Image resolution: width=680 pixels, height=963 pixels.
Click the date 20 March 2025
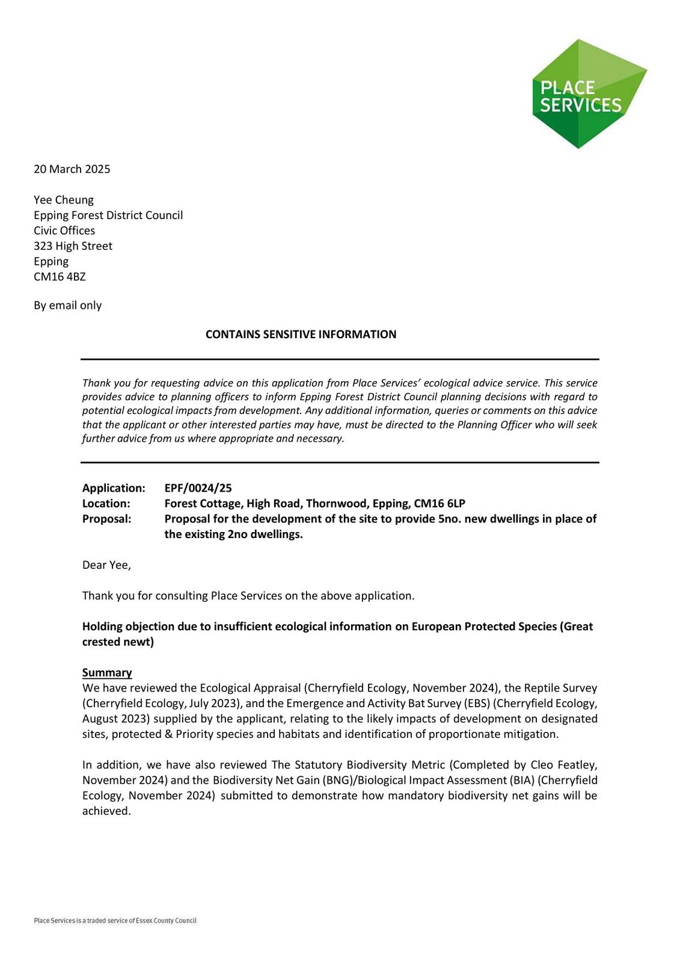pos(72,169)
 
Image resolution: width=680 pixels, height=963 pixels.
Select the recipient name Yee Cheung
pos(64,200)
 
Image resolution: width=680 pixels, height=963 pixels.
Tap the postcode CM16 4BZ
pos(60,277)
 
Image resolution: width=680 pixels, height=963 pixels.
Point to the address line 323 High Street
pos(73,246)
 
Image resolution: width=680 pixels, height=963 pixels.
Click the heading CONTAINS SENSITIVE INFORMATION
pos(301,335)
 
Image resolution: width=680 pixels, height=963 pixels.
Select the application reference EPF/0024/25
pos(198,488)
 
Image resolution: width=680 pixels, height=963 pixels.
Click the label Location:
pos(106,504)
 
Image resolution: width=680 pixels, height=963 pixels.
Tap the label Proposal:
pos(106,519)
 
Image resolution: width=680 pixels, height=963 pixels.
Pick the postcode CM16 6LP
pos(440,504)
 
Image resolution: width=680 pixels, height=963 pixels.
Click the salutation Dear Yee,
pos(106,565)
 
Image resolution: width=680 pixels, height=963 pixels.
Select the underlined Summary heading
pos(107,673)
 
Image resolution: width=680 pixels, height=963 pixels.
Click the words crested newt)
pos(118,642)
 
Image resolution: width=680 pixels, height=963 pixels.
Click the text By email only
pos(67,306)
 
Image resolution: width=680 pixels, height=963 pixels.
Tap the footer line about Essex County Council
pos(115,920)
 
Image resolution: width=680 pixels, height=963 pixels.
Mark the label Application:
pos(114,488)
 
